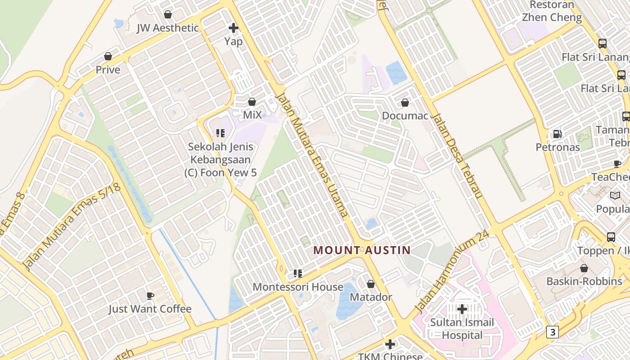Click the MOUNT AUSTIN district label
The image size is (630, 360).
[362, 250]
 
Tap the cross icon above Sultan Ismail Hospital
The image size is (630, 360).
[462, 309]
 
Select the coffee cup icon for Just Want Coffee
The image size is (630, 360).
[150, 296]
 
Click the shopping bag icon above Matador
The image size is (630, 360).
[371, 284]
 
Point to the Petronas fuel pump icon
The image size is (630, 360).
[557, 134]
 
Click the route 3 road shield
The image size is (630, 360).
[553, 332]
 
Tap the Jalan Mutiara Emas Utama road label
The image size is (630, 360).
[312, 155]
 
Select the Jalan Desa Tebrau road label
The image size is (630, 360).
[457, 155]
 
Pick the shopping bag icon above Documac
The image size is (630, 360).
[405, 103]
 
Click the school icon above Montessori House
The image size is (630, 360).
[297, 273]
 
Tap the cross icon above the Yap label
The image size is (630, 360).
[234, 28]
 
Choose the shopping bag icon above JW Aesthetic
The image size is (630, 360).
[168, 14]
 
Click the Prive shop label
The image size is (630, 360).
[108, 70]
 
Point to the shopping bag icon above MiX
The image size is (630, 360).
[252, 102]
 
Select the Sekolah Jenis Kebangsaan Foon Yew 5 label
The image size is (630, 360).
[220, 159]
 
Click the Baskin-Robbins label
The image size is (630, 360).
[584, 281]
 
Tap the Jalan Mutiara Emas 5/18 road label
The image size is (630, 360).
[72, 227]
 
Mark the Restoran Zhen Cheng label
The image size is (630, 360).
[552, 11]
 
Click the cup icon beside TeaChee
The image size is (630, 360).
[617, 164]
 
